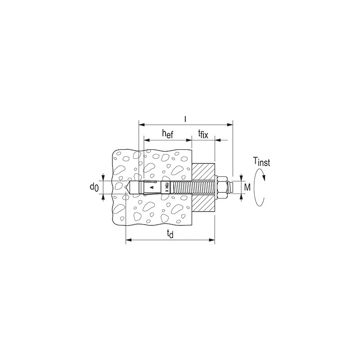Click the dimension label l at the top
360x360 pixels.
185,119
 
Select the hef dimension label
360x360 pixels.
167,134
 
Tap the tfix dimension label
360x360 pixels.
203,134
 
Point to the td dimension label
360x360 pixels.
169,234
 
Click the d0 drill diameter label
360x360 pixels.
94,186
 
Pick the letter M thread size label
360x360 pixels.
247,186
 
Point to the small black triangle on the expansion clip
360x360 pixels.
152,186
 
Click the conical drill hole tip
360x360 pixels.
129,186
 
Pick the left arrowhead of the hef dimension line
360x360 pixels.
146,140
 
